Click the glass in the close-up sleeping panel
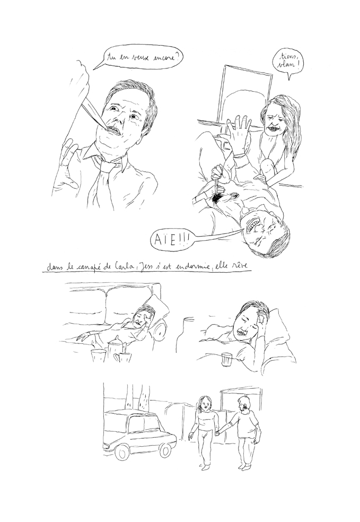(x=226, y=359)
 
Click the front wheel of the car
(x=121, y=451)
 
